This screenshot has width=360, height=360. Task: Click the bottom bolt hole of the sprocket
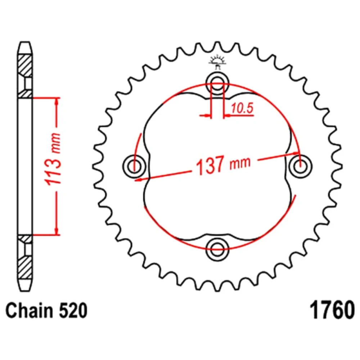click(217, 249)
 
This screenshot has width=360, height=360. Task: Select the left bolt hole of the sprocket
click(134, 166)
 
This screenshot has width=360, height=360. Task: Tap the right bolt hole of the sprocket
click(300, 166)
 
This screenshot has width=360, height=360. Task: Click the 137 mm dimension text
click(223, 165)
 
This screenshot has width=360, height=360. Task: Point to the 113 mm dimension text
click(54, 159)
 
